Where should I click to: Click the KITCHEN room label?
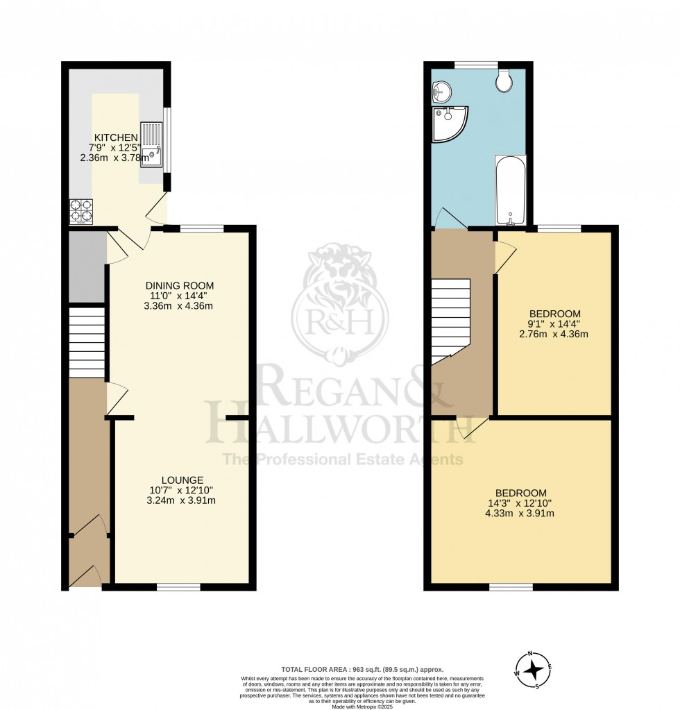coord(116,137)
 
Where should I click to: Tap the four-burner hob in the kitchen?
coord(81,212)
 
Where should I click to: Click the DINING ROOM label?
coord(179,285)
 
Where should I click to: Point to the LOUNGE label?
coord(182,480)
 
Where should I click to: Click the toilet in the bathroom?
coord(504,81)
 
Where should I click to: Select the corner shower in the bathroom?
coord(448,123)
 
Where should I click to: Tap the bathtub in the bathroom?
coord(510,190)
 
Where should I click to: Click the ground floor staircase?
coord(87,343)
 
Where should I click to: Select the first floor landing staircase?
coord(450,319)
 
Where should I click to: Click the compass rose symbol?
coord(533,670)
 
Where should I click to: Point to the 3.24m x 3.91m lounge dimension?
coord(182,500)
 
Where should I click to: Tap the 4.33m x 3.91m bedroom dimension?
coord(520,514)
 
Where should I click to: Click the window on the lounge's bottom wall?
coord(178,587)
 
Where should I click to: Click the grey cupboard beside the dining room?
coord(86,268)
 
